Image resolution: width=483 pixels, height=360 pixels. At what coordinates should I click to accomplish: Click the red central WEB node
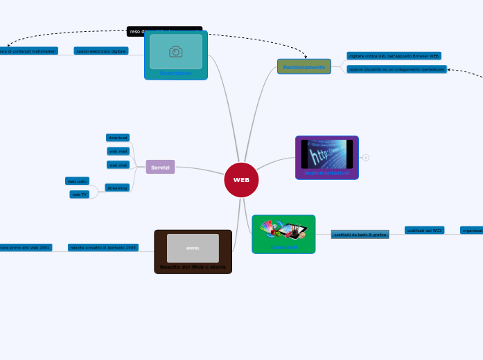[241, 180]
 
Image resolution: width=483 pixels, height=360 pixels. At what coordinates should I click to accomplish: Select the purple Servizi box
[160, 167]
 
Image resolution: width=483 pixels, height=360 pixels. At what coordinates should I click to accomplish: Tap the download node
[118, 138]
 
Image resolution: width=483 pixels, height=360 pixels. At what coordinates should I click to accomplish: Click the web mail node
[118, 151]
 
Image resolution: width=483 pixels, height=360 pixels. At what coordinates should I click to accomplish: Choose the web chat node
[118, 165]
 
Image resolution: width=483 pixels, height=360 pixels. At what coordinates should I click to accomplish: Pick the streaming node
[117, 188]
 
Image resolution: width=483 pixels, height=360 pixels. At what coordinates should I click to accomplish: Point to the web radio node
[77, 181]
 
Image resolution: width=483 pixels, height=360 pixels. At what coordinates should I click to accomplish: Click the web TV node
[79, 195]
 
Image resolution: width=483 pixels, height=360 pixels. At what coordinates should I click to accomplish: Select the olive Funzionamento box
[304, 66]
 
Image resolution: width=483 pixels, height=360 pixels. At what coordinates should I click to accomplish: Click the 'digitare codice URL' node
[394, 55]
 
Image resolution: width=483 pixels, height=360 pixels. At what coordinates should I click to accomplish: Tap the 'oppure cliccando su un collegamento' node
[396, 69]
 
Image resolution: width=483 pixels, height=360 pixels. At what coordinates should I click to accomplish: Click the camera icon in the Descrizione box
[176, 52]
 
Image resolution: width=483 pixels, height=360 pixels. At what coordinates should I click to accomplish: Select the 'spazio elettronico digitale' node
[101, 51]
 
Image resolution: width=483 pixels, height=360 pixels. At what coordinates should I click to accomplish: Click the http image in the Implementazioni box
[326, 154]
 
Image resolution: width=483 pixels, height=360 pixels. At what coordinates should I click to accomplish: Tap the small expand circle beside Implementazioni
[366, 157]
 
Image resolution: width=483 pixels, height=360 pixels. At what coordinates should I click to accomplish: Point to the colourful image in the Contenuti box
[283, 229]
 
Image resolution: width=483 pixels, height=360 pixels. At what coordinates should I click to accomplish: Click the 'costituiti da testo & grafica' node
[360, 235]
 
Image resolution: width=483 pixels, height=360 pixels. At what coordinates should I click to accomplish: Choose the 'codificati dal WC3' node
[424, 230]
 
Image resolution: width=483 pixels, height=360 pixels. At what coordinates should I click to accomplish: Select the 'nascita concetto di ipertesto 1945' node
[103, 247]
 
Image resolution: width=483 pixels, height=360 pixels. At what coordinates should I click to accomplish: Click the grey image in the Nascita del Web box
[193, 248]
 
